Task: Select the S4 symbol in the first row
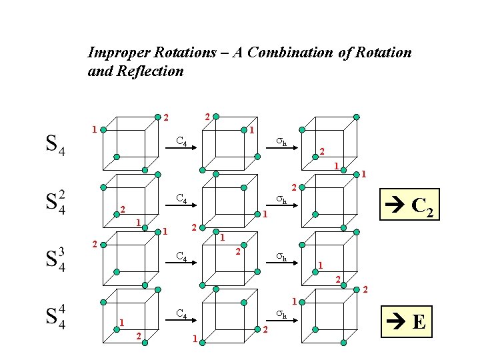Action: tap(55, 145)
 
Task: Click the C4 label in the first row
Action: tap(181, 141)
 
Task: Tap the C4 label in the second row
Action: tap(181, 199)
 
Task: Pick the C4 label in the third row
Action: tap(181, 257)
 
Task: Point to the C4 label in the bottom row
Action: tap(181, 313)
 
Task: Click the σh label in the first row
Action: tap(282, 141)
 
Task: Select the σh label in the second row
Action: tap(282, 199)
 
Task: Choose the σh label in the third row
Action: tap(282, 257)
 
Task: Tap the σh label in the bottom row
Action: tap(282, 313)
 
